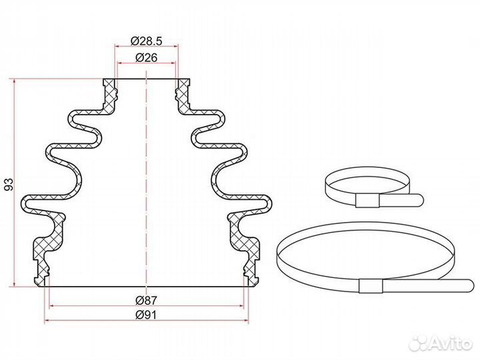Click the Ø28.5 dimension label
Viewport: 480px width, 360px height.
146,41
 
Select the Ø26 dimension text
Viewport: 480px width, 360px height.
146,57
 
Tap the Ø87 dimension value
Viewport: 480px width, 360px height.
146,300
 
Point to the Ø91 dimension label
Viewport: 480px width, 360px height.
146,315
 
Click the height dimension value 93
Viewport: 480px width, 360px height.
9,184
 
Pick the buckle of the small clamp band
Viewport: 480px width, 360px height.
367,201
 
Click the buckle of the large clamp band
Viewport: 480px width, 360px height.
371,286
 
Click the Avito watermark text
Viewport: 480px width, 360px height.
451,343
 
